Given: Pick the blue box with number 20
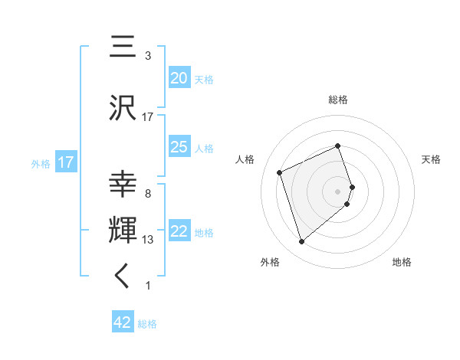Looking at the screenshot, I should pos(179,78).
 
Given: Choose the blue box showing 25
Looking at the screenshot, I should pos(179,147).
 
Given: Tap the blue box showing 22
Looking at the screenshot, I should pos(179,231).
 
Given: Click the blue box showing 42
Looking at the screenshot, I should pos(123,322).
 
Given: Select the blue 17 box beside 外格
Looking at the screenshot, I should pos(65,162).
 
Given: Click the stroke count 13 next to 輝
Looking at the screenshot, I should pos(148,240).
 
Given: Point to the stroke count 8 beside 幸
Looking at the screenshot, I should pos(148,194).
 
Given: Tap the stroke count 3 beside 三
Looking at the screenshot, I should pos(148,56).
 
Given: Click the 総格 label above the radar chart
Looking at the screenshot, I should pos(338,100).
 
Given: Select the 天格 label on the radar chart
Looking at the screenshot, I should pos(431,159).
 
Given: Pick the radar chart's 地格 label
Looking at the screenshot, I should pos(402,262).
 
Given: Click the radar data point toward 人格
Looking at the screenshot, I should pos(281,172).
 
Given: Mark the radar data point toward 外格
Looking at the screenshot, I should pos(302,242).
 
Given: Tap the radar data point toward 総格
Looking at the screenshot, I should pos(338,146).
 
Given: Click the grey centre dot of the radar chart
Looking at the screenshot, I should pos(338,191).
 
